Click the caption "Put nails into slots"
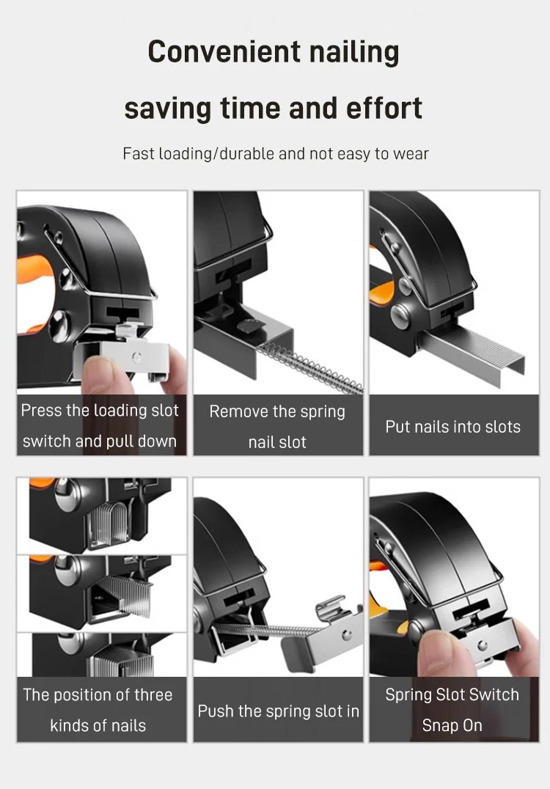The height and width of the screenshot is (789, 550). (453, 427)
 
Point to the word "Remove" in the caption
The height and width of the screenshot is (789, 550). (238, 411)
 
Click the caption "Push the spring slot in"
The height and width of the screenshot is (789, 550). (278, 711)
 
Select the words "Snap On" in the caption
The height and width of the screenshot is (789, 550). (452, 725)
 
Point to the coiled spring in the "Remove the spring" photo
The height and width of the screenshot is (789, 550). (310, 367)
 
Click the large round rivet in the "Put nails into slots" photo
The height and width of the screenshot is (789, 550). (400, 317)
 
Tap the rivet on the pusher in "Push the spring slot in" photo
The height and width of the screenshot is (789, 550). (347, 635)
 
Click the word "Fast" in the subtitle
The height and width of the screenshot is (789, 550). (139, 153)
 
